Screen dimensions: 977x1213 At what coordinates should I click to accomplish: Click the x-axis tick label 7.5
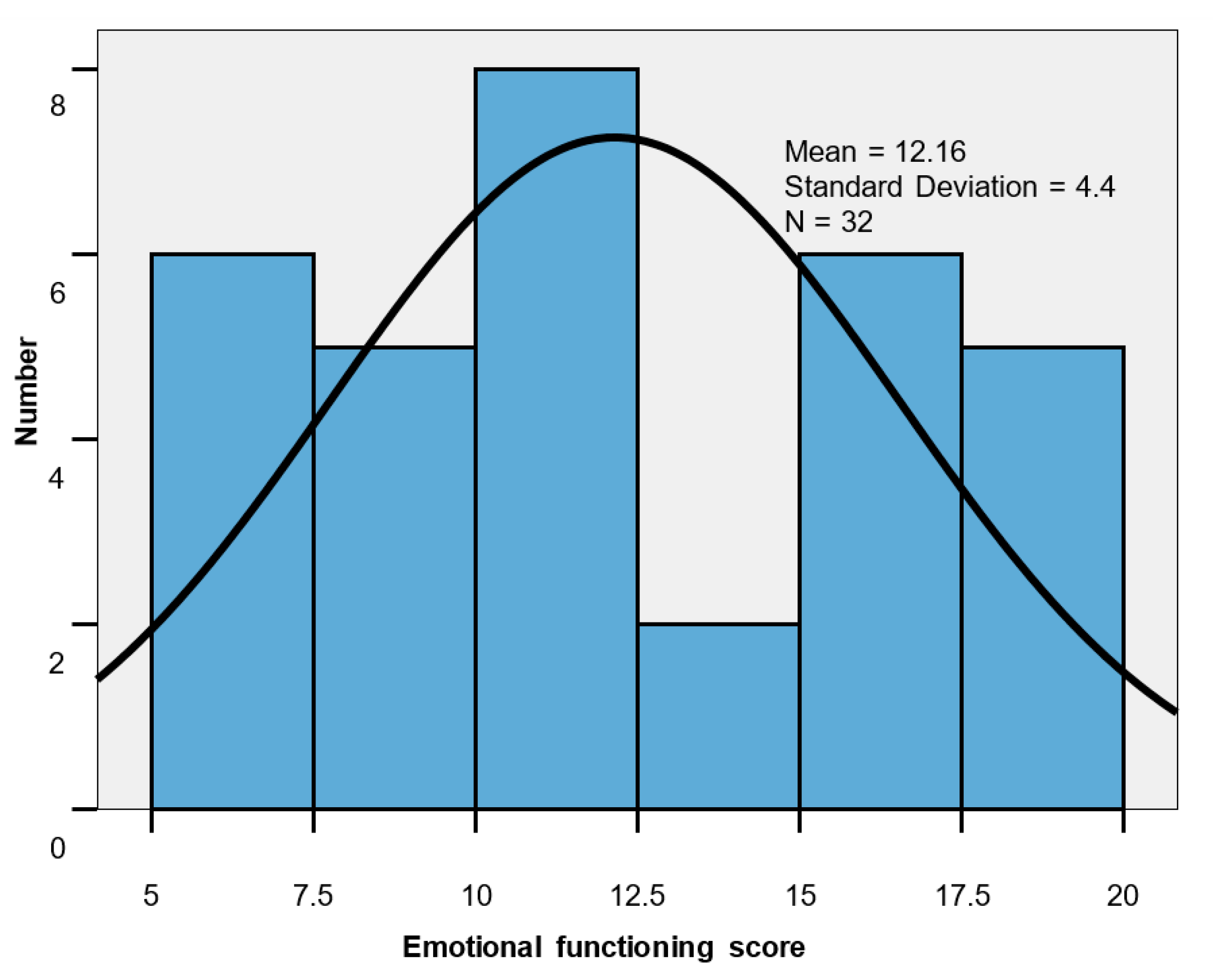pyautogui.click(x=314, y=895)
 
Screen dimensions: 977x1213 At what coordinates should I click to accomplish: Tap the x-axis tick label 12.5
pyautogui.click(x=638, y=895)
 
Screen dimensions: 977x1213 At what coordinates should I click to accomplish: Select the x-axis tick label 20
pyautogui.click(x=1123, y=895)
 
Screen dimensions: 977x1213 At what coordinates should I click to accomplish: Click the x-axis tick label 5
pyautogui.click(x=151, y=895)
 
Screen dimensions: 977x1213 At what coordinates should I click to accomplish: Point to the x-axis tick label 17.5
pyautogui.click(x=963, y=895)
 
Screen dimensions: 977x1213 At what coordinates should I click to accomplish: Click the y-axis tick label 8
pyautogui.click(x=58, y=105)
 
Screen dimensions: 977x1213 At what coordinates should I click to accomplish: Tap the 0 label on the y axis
pyautogui.click(x=58, y=848)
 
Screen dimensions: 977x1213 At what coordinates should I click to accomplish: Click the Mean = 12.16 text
pyautogui.click(x=875, y=152)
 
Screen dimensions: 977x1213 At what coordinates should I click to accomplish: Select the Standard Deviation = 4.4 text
pyautogui.click(x=949, y=187)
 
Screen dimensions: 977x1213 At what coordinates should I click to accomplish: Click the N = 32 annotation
pyautogui.click(x=828, y=222)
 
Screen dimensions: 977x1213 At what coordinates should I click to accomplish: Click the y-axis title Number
pyautogui.click(x=26, y=391)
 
